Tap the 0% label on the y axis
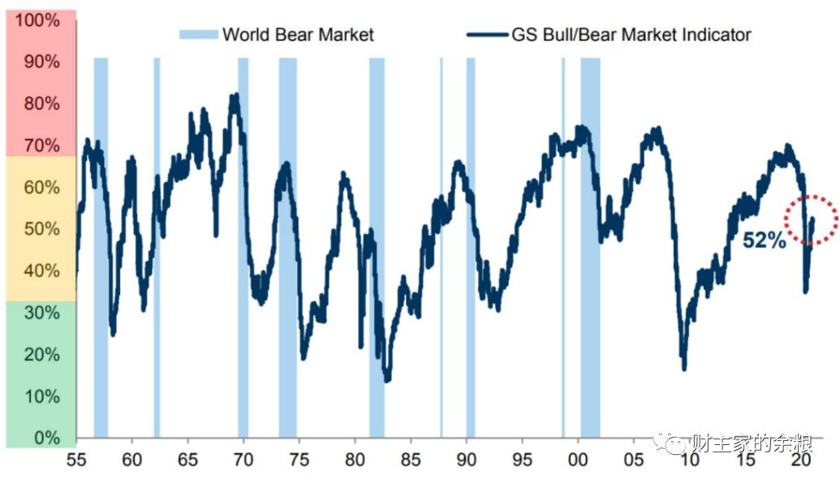(x=45, y=438)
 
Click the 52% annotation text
(x=765, y=240)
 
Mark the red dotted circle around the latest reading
(x=811, y=219)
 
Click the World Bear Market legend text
(x=298, y=34)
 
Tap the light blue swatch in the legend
(x=198, y=34)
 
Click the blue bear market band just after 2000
(x=590, y=244)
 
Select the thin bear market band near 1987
(x=442, y=244)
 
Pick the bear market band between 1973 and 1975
(x=287, y=244)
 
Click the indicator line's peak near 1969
(x=235, y=97)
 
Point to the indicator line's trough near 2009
(x=684, y=368)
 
